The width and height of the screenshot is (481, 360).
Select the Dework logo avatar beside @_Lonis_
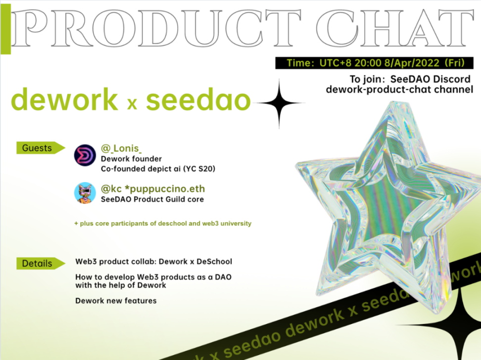[85, 155]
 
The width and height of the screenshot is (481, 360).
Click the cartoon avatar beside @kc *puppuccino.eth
[85, 193]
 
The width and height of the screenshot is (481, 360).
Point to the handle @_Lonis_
[121, 148]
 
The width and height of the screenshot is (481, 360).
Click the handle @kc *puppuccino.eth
[152, 189]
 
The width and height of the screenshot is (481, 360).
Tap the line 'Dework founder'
[131, 159]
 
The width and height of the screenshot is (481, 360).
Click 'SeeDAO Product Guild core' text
[152, 199]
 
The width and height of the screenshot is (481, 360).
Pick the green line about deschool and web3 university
[163, 224]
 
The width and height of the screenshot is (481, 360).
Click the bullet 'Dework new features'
[116, 301]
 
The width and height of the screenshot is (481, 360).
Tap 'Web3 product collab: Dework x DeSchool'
[153, 262]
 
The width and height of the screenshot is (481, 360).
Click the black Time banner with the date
[375, 63]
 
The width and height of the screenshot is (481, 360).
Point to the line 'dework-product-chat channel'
[399, 90]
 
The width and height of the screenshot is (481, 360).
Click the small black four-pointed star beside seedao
[279, 103]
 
